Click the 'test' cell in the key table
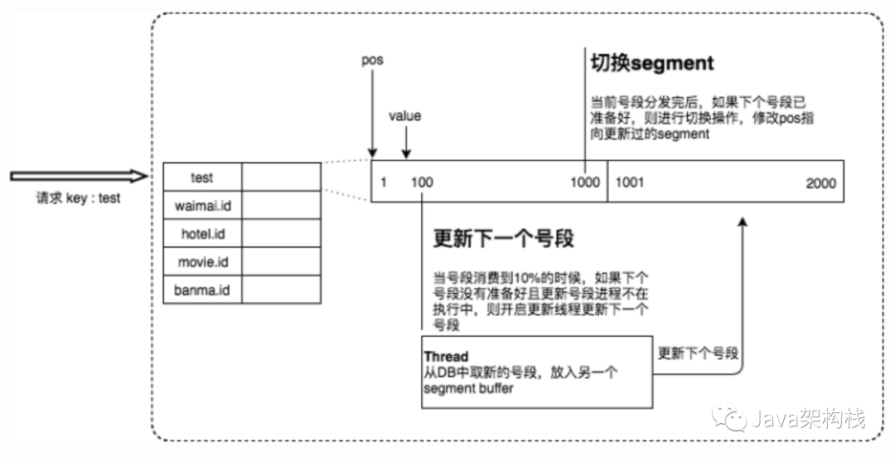[201, 177]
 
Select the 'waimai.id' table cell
[201, 205]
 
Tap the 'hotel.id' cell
[201, 234]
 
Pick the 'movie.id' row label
[201, 262]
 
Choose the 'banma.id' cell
[201, 290]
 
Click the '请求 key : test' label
[78, 198]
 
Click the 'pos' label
[372, 61]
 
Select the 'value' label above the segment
[404, 115]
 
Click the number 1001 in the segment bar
[630, 183]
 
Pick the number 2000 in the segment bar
[820, 183]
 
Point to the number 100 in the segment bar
[423, 183]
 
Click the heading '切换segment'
[651, 64]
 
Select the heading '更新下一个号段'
[503, 239]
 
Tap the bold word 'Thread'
[446, 357]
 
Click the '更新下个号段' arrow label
[698, 352]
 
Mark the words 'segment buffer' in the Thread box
[467, 388]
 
